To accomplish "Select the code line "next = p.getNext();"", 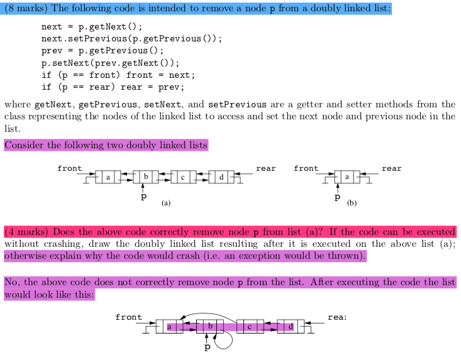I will [x=92, y=27].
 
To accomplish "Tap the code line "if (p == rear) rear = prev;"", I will [x=113, y=87].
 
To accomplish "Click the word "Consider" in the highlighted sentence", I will [x=24, y=145].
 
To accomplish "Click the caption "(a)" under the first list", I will [x=165, y=203].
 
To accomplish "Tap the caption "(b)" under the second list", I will [x=352, y=203].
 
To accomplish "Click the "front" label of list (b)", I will [x=306, y=168].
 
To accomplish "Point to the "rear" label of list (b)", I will [x=391, y=168].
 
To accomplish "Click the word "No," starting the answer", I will [x=13, y=282].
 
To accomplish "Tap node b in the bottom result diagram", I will [x=211, y=327].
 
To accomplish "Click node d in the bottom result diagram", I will [x=290, y=327].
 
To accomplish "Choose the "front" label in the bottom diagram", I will [x=128, y=317].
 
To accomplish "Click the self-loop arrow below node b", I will [x=226, y=343].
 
